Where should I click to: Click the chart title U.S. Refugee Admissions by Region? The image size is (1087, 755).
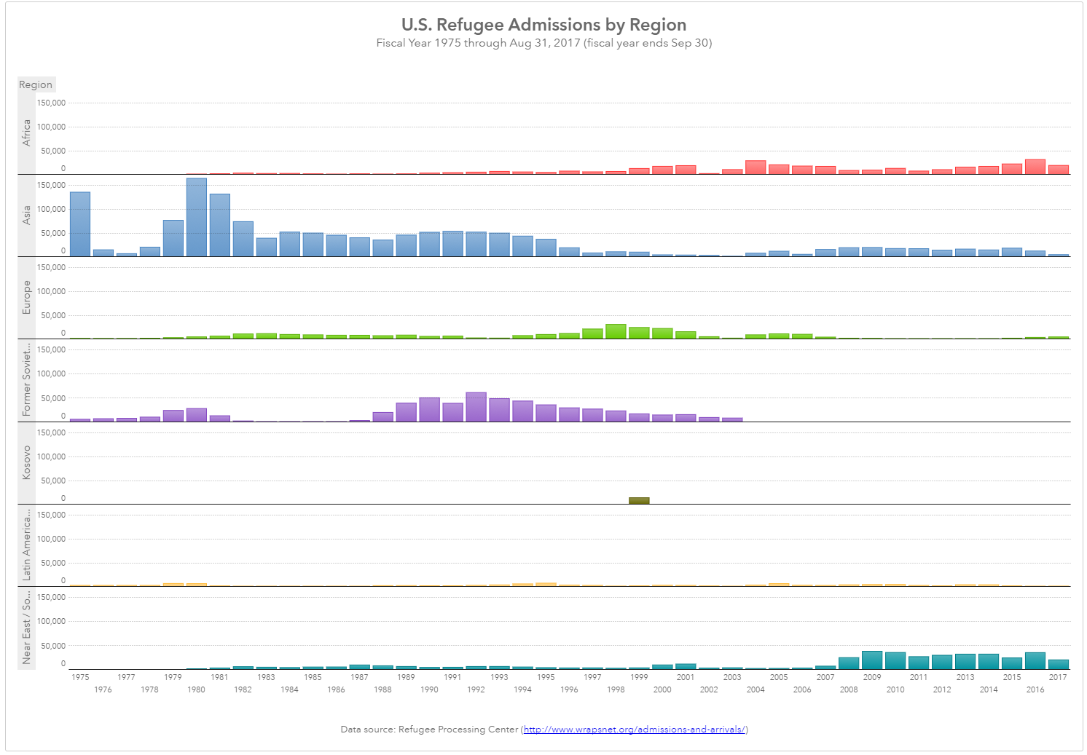543,25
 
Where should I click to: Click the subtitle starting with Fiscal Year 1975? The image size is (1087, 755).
543,43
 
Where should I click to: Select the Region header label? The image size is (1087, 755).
36,84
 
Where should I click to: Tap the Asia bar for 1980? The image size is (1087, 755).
197,217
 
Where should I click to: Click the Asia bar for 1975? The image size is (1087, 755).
80,224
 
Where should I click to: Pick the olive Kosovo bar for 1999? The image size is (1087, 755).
639,500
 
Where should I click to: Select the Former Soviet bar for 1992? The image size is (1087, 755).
476,407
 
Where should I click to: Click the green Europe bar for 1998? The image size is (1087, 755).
616,331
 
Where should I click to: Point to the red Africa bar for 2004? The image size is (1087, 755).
756,167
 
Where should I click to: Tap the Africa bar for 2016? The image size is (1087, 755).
1035,167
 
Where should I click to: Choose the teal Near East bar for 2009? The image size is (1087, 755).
872,660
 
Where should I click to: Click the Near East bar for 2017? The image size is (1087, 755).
1059,664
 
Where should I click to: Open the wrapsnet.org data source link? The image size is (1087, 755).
634,730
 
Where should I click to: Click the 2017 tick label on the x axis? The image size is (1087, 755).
1058,677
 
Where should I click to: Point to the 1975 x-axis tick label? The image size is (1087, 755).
80,677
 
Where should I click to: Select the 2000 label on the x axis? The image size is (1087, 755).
662,689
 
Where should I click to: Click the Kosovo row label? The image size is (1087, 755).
27,462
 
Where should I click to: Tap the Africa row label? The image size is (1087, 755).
27,133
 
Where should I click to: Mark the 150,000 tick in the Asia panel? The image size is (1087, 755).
51,186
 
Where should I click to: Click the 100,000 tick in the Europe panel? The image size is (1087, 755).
51,291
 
